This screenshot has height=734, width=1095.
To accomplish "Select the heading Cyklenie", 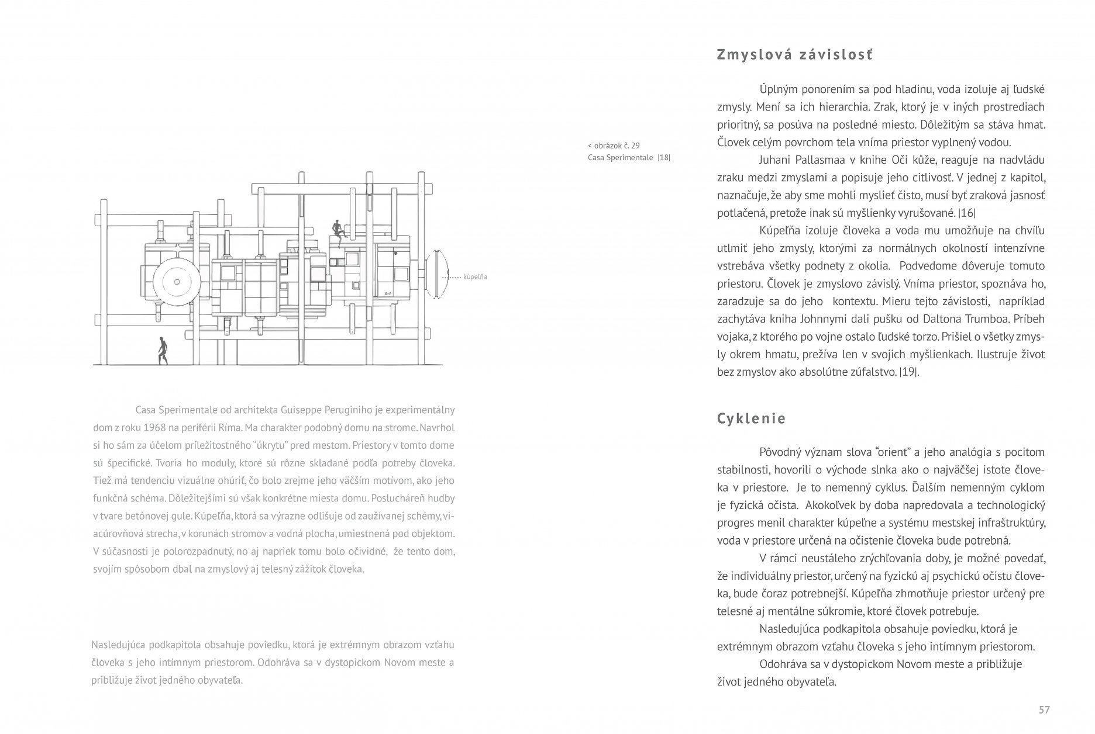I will click(x=752, y=419).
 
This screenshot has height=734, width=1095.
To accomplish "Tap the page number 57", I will click(x=1044, y=709).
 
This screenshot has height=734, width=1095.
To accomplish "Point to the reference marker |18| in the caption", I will click(x=663, y=157).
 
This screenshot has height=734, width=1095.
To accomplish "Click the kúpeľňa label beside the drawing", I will click(x=475, y=277).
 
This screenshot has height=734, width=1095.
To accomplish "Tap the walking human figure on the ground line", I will click(x=163, y=351).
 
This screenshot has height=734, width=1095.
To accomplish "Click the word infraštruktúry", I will click(x=1004, y=523).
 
